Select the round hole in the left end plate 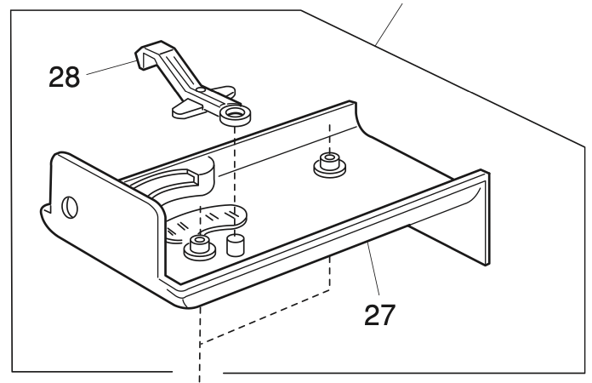pos(71,207)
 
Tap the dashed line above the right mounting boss pos(327,132)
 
